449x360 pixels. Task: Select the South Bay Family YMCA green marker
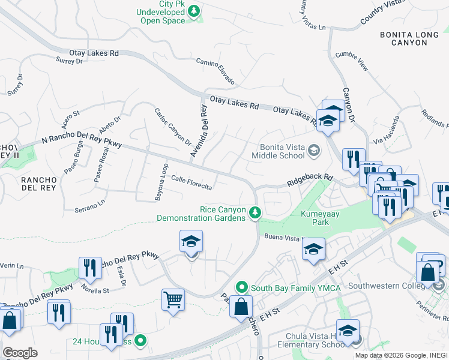pyautogui.click(x=242, y=287)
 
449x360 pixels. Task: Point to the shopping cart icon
pyautogui.click(x=173, y=299)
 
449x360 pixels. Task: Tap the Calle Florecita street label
pyautogui.click(x=191, y=183)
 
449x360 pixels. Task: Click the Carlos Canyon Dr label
pyautogui.click(x=172, y=127)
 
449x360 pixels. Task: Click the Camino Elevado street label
pyautogui.click(x=215, y=71)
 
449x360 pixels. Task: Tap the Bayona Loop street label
pyautogui.click(x=160, y=181)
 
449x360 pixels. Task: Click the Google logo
pyautogui.click(x=20, y=352)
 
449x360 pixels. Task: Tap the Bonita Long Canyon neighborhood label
pyautogui.click(x=413, y=39)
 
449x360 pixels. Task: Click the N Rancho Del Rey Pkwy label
pyautogui.click(x=82, y=140)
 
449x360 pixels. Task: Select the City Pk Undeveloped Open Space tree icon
pyautogui.click(x=194, y=10)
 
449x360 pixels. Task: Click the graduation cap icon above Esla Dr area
pyautogui.click(x=191, y=241)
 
